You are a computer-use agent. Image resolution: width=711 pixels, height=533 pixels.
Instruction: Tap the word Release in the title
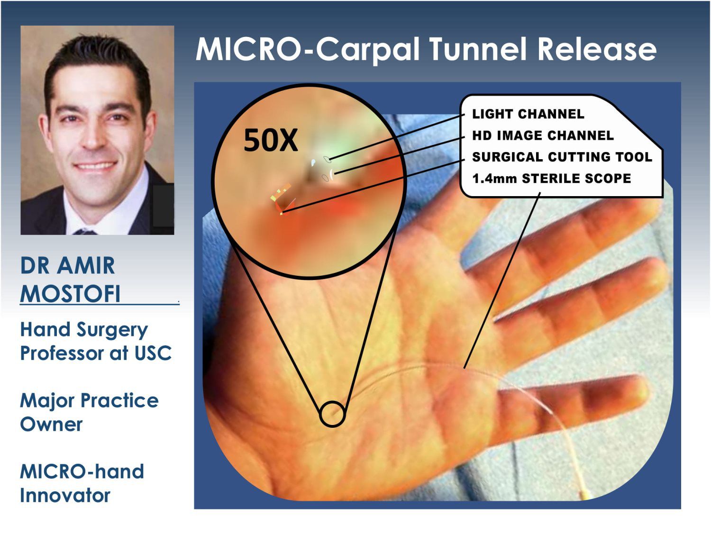pos(597,49)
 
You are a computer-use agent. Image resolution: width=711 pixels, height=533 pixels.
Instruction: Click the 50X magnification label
pos(271,140)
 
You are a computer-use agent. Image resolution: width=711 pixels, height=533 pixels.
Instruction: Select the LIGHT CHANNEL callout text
pos(528,114)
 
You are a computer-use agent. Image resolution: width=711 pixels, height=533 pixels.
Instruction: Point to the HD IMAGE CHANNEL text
pos(543,136)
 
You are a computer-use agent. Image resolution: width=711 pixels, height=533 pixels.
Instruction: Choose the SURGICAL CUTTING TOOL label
pos(562,157)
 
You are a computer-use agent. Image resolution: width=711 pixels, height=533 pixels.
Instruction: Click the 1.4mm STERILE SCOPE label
pos(552,178)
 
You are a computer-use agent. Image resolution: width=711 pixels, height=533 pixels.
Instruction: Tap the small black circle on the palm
pos(333,402)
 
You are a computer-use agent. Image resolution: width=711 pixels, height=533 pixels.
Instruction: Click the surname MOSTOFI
pos(70,294)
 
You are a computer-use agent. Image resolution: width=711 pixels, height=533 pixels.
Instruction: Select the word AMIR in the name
pos(86,266)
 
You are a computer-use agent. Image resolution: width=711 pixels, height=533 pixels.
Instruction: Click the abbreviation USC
pos(153,353)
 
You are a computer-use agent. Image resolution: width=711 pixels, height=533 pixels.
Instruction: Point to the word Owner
pos(51,424)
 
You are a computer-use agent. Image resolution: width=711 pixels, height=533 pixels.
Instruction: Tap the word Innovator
pos(65,496)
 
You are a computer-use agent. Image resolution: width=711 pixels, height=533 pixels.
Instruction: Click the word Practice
pos(119,401)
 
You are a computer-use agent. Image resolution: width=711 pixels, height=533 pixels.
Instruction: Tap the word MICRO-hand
pos(82,471)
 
